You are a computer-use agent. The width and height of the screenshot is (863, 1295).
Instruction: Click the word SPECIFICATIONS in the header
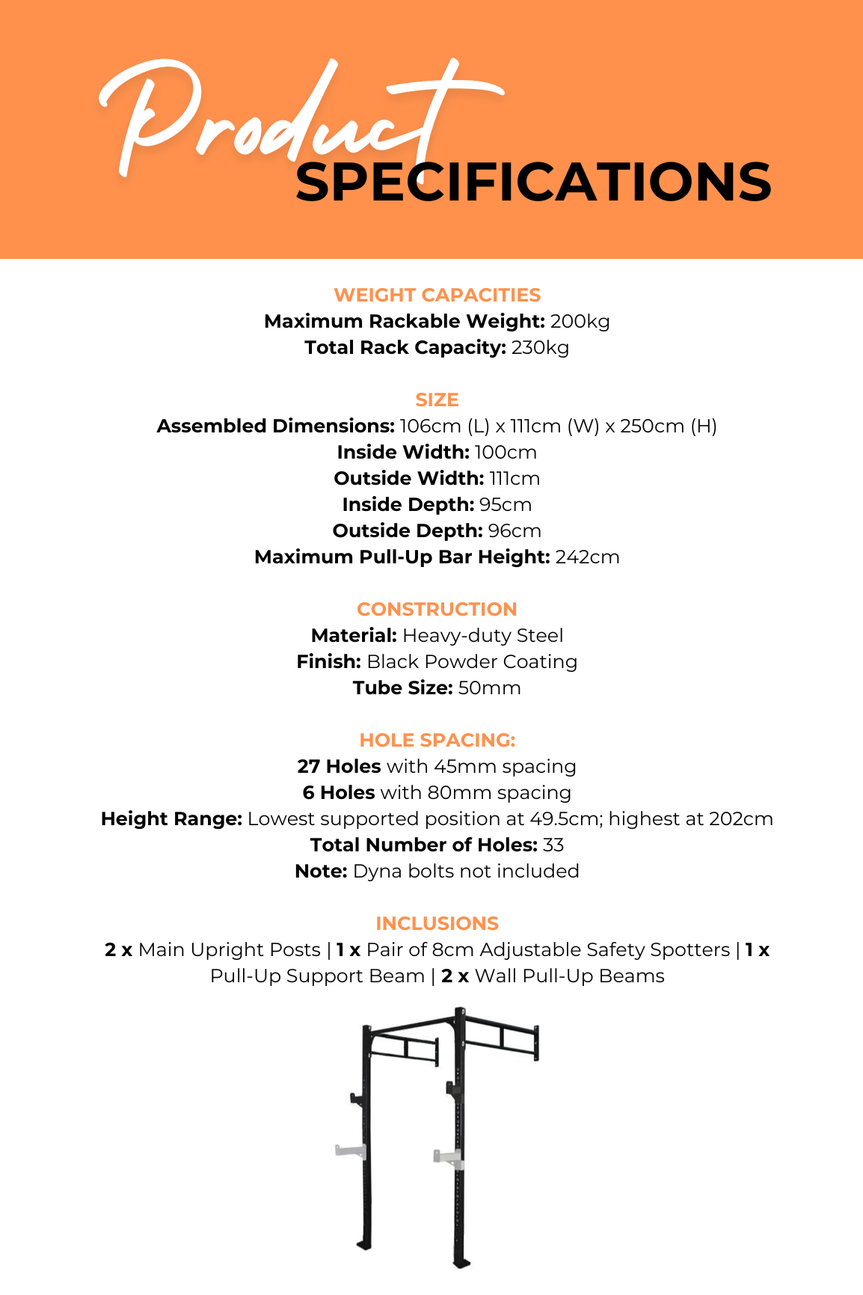tap(533, 183)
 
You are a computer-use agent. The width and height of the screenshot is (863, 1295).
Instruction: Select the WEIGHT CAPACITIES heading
tap(437, 295)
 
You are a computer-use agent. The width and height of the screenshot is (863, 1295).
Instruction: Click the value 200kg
tap(580, 322)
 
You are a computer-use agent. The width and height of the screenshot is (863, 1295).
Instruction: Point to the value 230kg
tap(540, 348)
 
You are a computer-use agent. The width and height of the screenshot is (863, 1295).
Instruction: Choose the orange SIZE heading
tap(437, 399)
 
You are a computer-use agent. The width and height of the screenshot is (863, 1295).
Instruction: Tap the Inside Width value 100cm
tap(506, 453)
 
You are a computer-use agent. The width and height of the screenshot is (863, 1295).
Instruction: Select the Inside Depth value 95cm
tap(506, 505)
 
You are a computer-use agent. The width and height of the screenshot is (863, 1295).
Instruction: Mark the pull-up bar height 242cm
tap(587, 557)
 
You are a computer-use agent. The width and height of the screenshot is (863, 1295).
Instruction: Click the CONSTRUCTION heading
tap(437, 609)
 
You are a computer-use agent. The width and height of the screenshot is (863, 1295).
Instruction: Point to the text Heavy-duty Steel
tap(482, 636)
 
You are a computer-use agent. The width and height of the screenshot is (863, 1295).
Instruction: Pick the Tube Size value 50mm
tap(489, 688)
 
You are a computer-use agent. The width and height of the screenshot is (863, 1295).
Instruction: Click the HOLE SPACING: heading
tap(437, 740)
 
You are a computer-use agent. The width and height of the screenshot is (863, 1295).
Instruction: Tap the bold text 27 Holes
tap(339, 767)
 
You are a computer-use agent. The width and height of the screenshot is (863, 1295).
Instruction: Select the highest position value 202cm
tap(740, 819)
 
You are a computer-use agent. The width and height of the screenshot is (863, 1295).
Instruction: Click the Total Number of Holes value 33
tap(553, 845)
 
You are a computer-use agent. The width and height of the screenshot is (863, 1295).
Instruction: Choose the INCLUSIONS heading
tap(437, 923)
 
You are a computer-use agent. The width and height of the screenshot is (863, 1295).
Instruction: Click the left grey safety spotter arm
tap(349, 1151)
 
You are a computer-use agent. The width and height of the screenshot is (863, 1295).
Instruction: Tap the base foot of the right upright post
tap(462, 1263)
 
